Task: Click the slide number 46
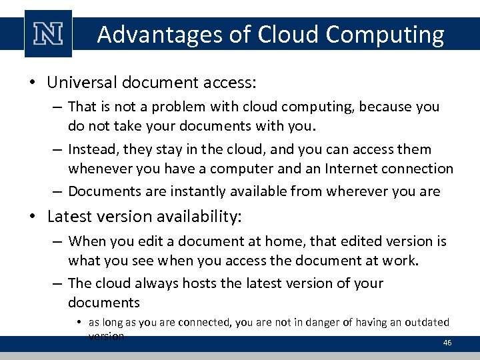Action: pyautogui.click(x=447, y=342)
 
